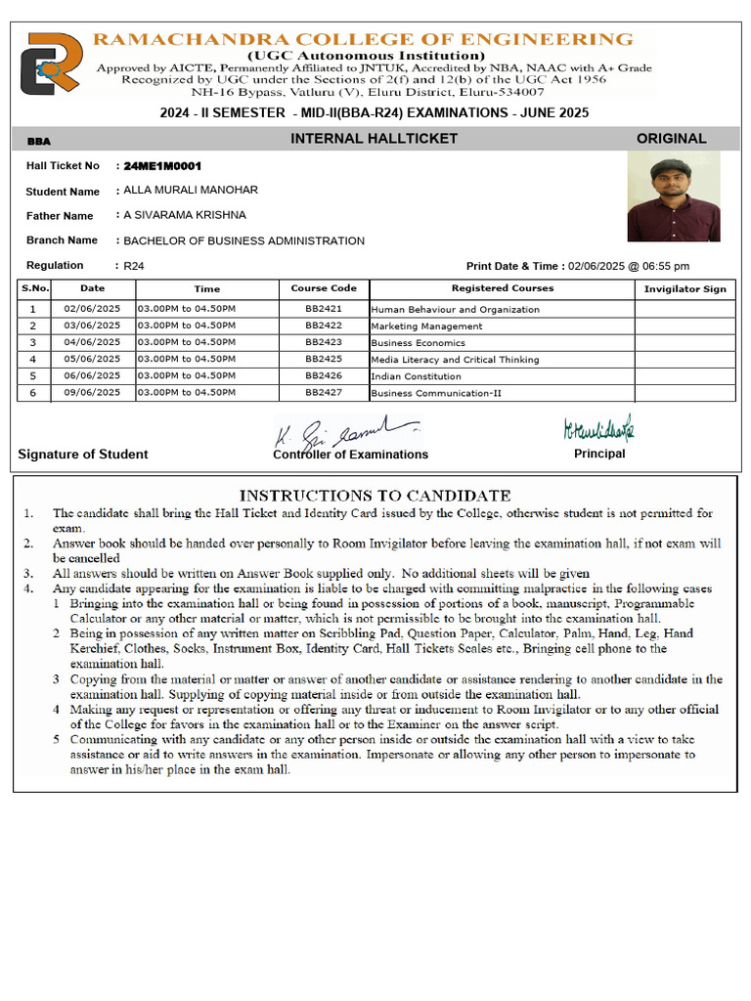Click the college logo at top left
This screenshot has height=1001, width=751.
tap(51, 64)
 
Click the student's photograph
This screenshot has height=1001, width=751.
tap(673, 196)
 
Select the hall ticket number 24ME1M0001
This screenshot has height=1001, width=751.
tap(162, 166)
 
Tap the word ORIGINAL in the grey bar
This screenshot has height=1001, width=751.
tap(671, 139)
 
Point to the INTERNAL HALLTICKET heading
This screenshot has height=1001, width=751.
tap(374, 139)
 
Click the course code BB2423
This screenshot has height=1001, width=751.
tap(324, 343)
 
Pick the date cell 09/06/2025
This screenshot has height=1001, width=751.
tap(92, 393)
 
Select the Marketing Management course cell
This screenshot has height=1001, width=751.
tap(426, 326)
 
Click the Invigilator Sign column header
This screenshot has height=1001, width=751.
tap(685, 289)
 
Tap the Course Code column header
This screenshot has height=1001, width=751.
tap(324, 288)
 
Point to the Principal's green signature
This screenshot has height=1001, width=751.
tap(598, 428)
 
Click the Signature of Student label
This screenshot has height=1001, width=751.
tap(83, 455)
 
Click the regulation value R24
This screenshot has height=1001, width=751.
tap(133, 266)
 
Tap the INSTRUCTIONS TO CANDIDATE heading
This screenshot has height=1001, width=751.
tap(375, 496)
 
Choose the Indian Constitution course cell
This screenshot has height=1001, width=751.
tap(416, 376)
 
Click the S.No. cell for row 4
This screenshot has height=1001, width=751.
tap(33, 360)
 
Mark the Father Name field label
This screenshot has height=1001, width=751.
tap(60, 216)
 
